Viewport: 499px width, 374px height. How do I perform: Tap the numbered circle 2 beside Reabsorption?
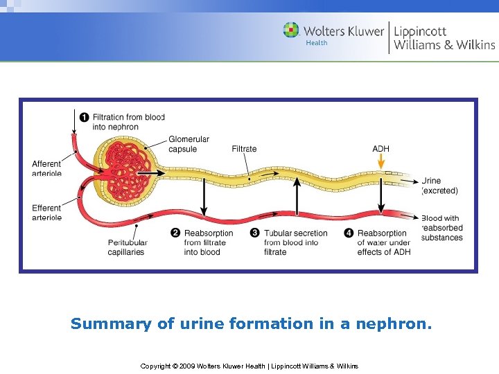[x=175, y=233]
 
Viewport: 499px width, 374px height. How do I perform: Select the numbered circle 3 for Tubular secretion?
[x=255, y=233]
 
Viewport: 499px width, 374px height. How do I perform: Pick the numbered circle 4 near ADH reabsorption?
[x=349, y=233]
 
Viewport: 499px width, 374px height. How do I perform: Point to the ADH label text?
[x=380, y=149]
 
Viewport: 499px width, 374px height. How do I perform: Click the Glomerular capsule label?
[x=189, y=144]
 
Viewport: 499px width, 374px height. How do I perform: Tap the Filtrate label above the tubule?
[x=244, y=149]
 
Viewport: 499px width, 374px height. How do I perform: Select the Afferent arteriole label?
[x=46, y=168]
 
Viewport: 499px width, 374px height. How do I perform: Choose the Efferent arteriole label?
[x=46, y=213]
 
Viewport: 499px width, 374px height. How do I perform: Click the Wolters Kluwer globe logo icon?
[x=291, y=30]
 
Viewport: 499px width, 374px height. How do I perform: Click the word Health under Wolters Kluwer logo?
[x=316, y=43]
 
